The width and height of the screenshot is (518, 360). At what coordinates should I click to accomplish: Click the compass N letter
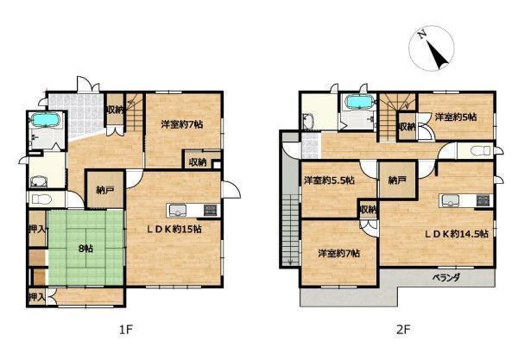(421, 35)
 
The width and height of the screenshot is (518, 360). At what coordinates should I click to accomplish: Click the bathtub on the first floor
(45, 120)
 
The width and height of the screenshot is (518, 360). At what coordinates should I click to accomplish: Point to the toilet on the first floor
(41, 199)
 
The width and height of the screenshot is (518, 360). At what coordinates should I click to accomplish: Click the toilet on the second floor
(481, 151)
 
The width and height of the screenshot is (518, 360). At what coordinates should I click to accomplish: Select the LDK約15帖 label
(174, 229)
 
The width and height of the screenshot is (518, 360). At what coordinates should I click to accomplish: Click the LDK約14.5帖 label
(456, 234)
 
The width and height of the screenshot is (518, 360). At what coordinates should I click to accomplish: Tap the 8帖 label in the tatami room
(85, 249)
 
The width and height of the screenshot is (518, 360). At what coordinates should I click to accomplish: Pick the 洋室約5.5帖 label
(330, 180)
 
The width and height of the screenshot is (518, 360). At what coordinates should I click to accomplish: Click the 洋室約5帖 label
(456, 117)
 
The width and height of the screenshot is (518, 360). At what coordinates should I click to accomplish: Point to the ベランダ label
(446, 277)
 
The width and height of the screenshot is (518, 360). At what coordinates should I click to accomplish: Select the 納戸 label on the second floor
(397, 180)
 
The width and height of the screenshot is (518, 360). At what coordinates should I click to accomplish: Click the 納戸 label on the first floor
(105, 190)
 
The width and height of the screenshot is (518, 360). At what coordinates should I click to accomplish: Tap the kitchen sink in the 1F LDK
(178, 211)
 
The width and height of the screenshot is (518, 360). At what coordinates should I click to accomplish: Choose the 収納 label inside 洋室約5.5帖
(369, 210)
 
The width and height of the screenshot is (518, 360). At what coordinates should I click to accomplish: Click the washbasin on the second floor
(308, 122)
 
